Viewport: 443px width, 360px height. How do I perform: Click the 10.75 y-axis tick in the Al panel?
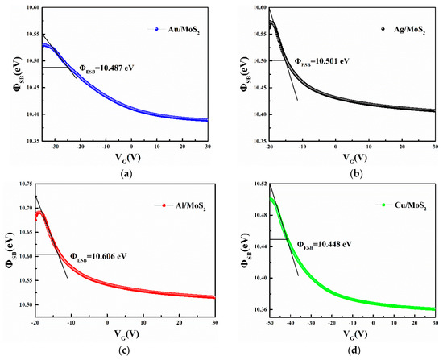click(20, 186)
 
